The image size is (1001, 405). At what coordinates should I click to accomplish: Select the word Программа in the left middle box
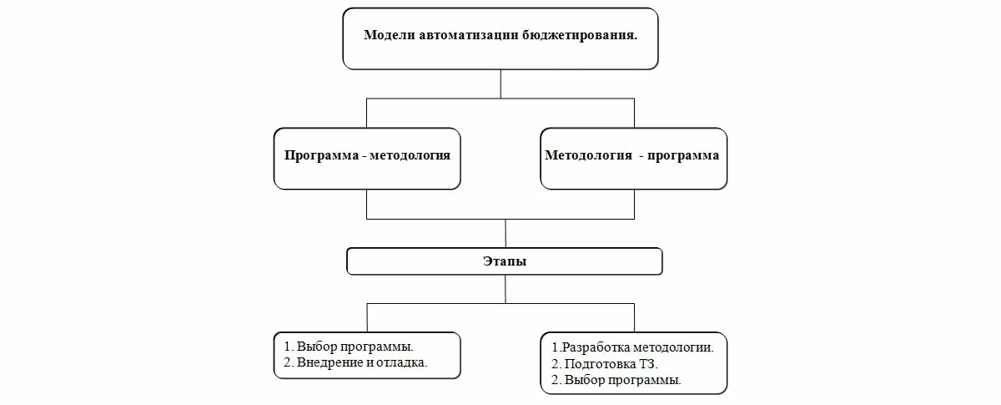tap(320, 155)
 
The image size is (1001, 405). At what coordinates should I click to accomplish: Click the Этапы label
tap(505, 261)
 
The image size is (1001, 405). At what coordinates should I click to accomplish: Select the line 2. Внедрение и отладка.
tap(355, 362)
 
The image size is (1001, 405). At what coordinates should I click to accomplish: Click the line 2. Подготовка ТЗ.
tap(605, 363)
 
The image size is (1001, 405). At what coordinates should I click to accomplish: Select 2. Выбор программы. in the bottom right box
tap(616, 379)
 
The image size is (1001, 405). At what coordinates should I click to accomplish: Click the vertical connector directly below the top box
tap(500, 84)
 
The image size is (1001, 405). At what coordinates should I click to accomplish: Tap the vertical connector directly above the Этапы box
tap(506, 233)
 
